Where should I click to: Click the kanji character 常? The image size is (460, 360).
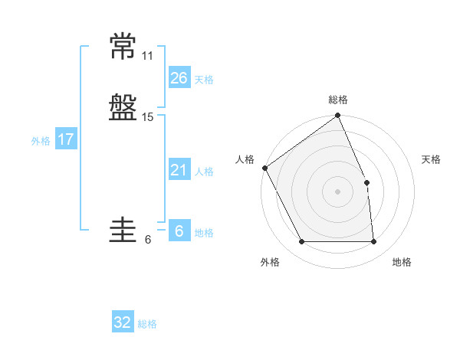pos(123,46)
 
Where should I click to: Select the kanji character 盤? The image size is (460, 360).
pos(123,107)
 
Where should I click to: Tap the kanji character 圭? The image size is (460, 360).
pos(123,230)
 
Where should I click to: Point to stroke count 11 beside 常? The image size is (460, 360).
pos(147,56)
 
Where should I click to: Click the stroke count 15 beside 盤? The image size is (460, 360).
pos(147,117)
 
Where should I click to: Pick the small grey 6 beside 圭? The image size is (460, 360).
pos(148,240)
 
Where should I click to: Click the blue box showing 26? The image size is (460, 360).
pos(179,77)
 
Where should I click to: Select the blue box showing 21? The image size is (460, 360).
pos(179,169)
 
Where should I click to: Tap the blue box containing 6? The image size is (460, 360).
pos(179,230)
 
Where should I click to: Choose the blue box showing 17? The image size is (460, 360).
pos(66,138)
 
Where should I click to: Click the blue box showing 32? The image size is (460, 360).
pos(123,321)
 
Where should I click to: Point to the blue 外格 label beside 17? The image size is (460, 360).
pos(41,141)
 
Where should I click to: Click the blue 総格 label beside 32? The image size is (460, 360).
pos(147,324)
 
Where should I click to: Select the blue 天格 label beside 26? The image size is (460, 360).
pos(204,80)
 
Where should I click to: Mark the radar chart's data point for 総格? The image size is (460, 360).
pos(337,115)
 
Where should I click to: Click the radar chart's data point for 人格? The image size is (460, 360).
pos(265,168)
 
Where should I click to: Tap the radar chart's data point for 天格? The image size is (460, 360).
pos(366,182)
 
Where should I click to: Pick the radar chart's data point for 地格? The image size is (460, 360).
pos(373,241)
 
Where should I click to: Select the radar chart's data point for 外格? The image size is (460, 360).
pos(302,241)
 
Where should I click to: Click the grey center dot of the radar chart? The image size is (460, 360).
pos(337,191)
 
